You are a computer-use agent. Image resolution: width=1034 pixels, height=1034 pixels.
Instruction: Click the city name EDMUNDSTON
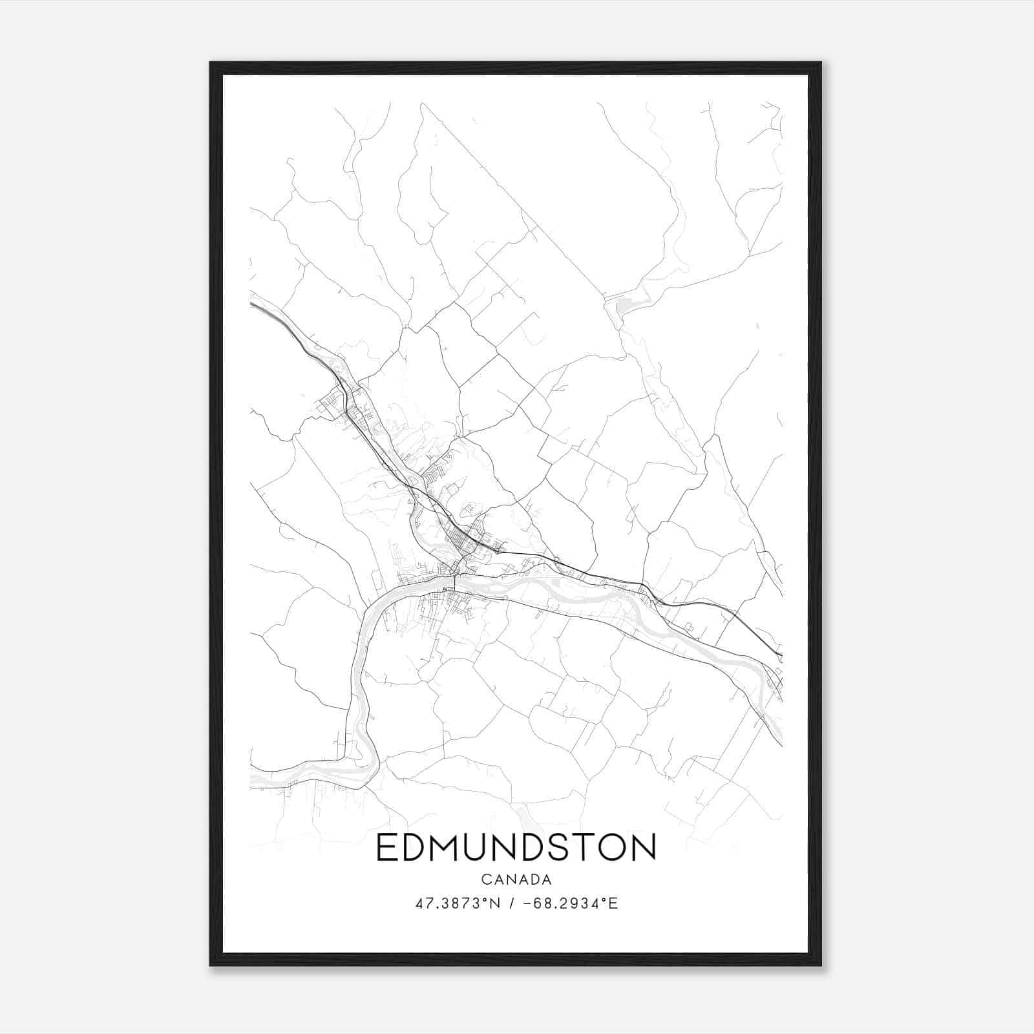tap(516, 847)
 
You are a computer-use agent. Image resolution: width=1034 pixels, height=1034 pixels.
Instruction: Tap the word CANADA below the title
tap(516, 880)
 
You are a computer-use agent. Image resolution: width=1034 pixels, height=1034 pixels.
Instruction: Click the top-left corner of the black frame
tap(211, 63)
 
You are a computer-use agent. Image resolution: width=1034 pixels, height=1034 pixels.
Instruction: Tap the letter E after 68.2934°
tap(614, 903)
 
